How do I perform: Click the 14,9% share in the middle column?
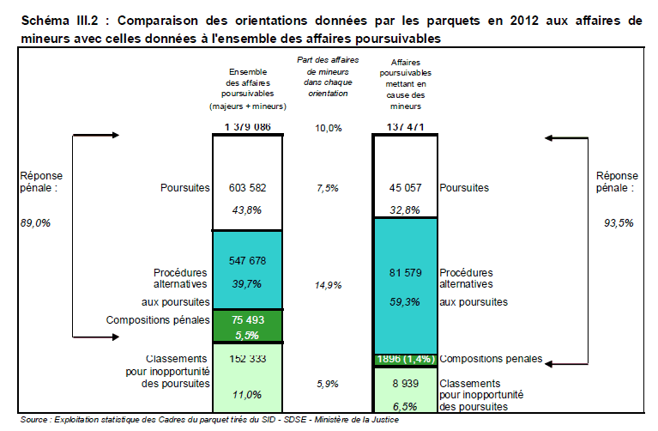(329, 284)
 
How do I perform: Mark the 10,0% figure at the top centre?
(329, 128)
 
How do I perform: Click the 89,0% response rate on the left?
(35, 223)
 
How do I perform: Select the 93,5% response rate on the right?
(619, 223)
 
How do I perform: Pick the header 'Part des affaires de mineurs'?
(328, 66)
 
